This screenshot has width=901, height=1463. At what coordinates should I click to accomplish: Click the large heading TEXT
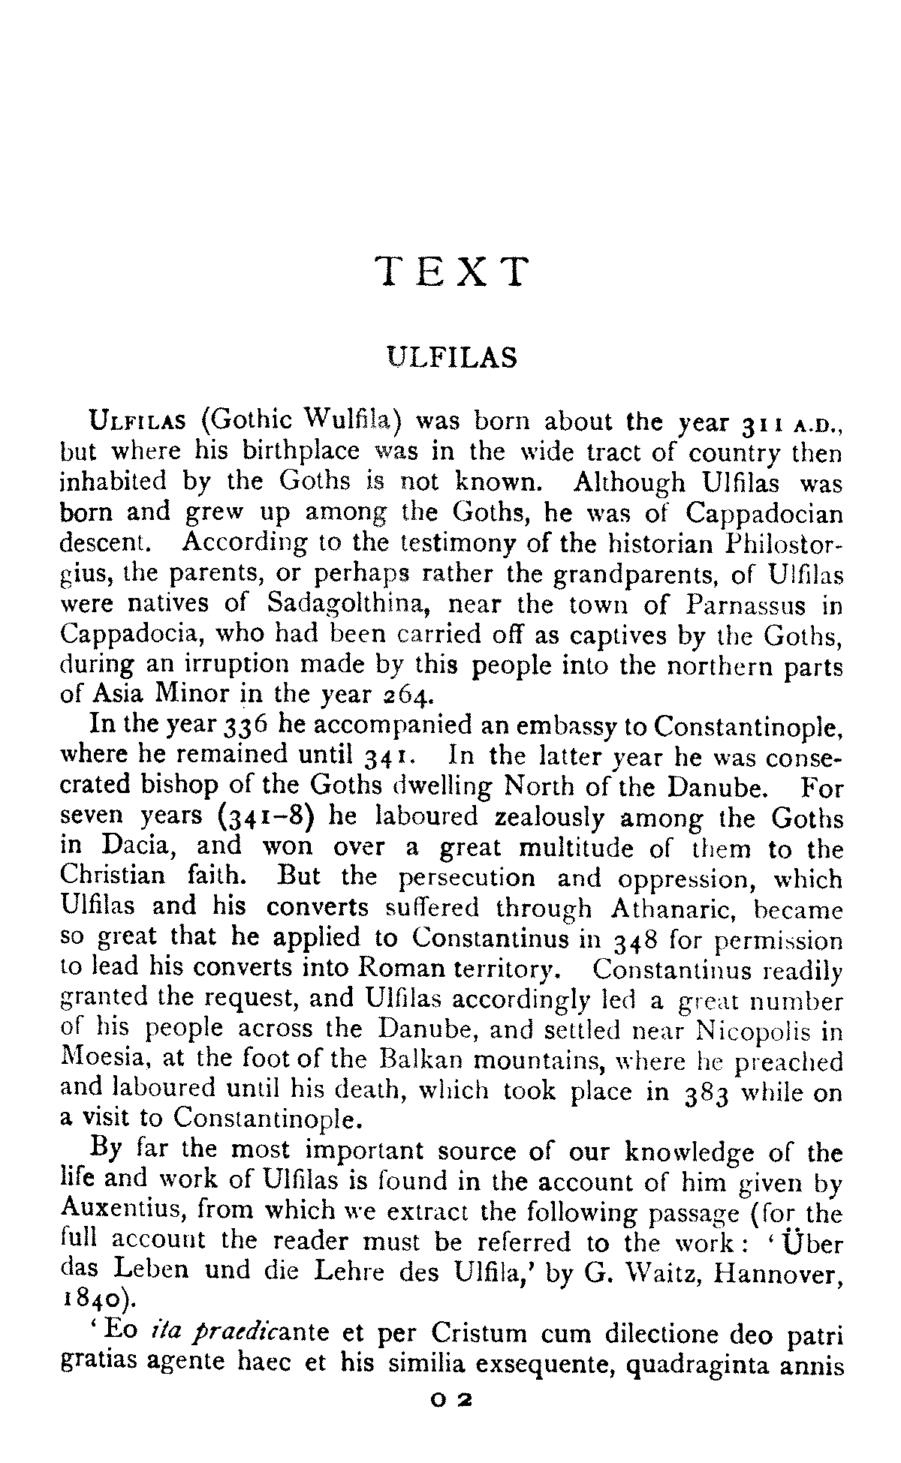pyautogui.click(x=451, y=272)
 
